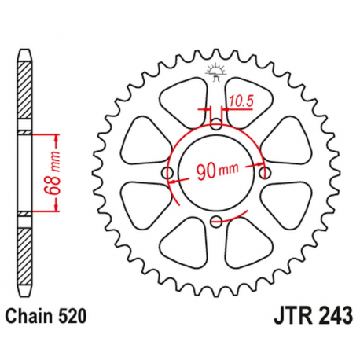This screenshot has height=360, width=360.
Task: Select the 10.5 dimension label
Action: click(242, 99)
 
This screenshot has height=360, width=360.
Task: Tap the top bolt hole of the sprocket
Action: click(216, 123)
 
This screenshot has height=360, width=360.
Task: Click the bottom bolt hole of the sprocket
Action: click(216, 221)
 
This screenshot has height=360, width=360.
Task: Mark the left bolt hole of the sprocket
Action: click(167, 172)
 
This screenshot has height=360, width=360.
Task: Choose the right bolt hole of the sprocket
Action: click(265, 172)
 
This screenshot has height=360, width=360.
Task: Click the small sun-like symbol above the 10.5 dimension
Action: click(215, 74)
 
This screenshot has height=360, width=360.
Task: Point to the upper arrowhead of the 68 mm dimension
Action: click(57, 139)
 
